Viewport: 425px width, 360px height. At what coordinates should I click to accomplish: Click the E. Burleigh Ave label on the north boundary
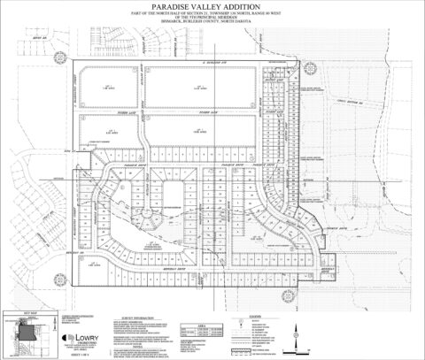click(211, 64)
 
